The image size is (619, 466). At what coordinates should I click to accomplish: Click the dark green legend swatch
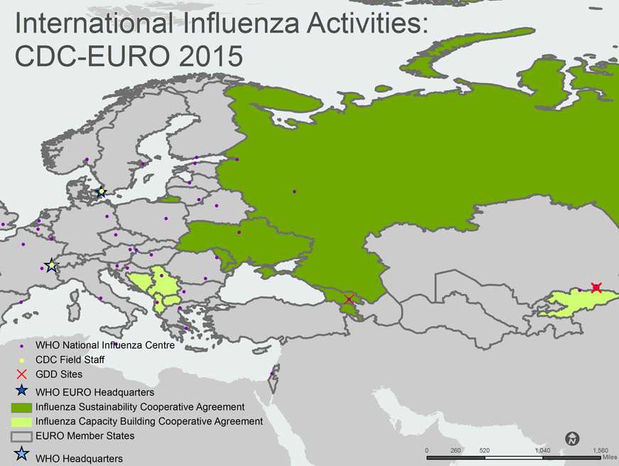click(x=22, y=407)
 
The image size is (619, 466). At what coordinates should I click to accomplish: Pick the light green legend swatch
click(x=22, y=421)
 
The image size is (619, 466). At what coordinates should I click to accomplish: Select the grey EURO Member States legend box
click(x=22, y=435)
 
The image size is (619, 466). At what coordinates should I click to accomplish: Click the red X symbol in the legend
click(x=22, y=374)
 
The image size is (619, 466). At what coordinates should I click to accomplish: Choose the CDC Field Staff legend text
click(x=70, y=360)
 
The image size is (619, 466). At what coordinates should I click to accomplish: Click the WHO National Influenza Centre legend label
click(x=104, y=345)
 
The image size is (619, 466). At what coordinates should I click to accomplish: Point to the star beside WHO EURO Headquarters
click(x=22, y=390)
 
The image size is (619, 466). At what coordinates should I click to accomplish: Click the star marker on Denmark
click(x=102, y=192)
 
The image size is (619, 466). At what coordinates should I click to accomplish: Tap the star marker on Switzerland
click(x=50, y=266)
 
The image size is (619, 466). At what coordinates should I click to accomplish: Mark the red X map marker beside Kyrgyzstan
click(x=596, y=288)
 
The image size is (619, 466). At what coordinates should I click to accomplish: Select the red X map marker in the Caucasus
click(x=349, y=300)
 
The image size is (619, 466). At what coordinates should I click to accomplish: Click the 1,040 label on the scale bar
click(x=542, y=451)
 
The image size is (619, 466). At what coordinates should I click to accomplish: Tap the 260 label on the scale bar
click(x=456, y=451)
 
